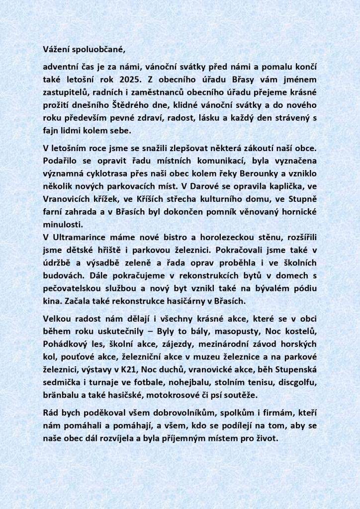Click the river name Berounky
pos(282,174)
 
